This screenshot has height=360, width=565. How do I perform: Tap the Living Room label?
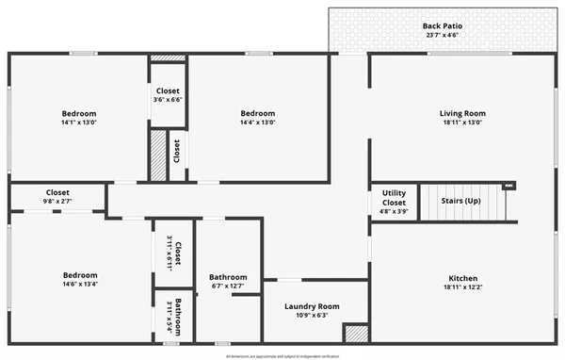click(x=462, y=113)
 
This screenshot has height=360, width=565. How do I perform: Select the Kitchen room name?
click(x=462, y=278)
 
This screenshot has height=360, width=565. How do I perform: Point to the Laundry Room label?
click(x=312, y=306)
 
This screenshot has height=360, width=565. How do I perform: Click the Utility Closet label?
click(x=394, y=198)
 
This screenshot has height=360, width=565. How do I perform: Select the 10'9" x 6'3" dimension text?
click(x=312, y=315)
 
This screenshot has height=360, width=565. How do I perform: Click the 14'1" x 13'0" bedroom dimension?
click(x=79, y=122)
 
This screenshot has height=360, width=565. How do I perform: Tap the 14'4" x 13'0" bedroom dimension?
click(x=257, y=122)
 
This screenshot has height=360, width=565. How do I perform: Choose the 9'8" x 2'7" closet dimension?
click(x=57, y=201)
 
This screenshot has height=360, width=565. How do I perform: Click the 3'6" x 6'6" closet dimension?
click(x=168, y=99)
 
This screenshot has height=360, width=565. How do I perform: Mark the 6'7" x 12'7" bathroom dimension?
click(x=228, y=286)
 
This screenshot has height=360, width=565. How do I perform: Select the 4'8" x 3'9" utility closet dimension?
click(x=394, y=212)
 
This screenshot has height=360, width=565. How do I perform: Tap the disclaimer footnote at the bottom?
click(x=282, y=356)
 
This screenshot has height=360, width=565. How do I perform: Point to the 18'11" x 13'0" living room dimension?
click(x=462, y=122)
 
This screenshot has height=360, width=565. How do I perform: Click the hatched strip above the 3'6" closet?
click(x=168, y=58)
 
